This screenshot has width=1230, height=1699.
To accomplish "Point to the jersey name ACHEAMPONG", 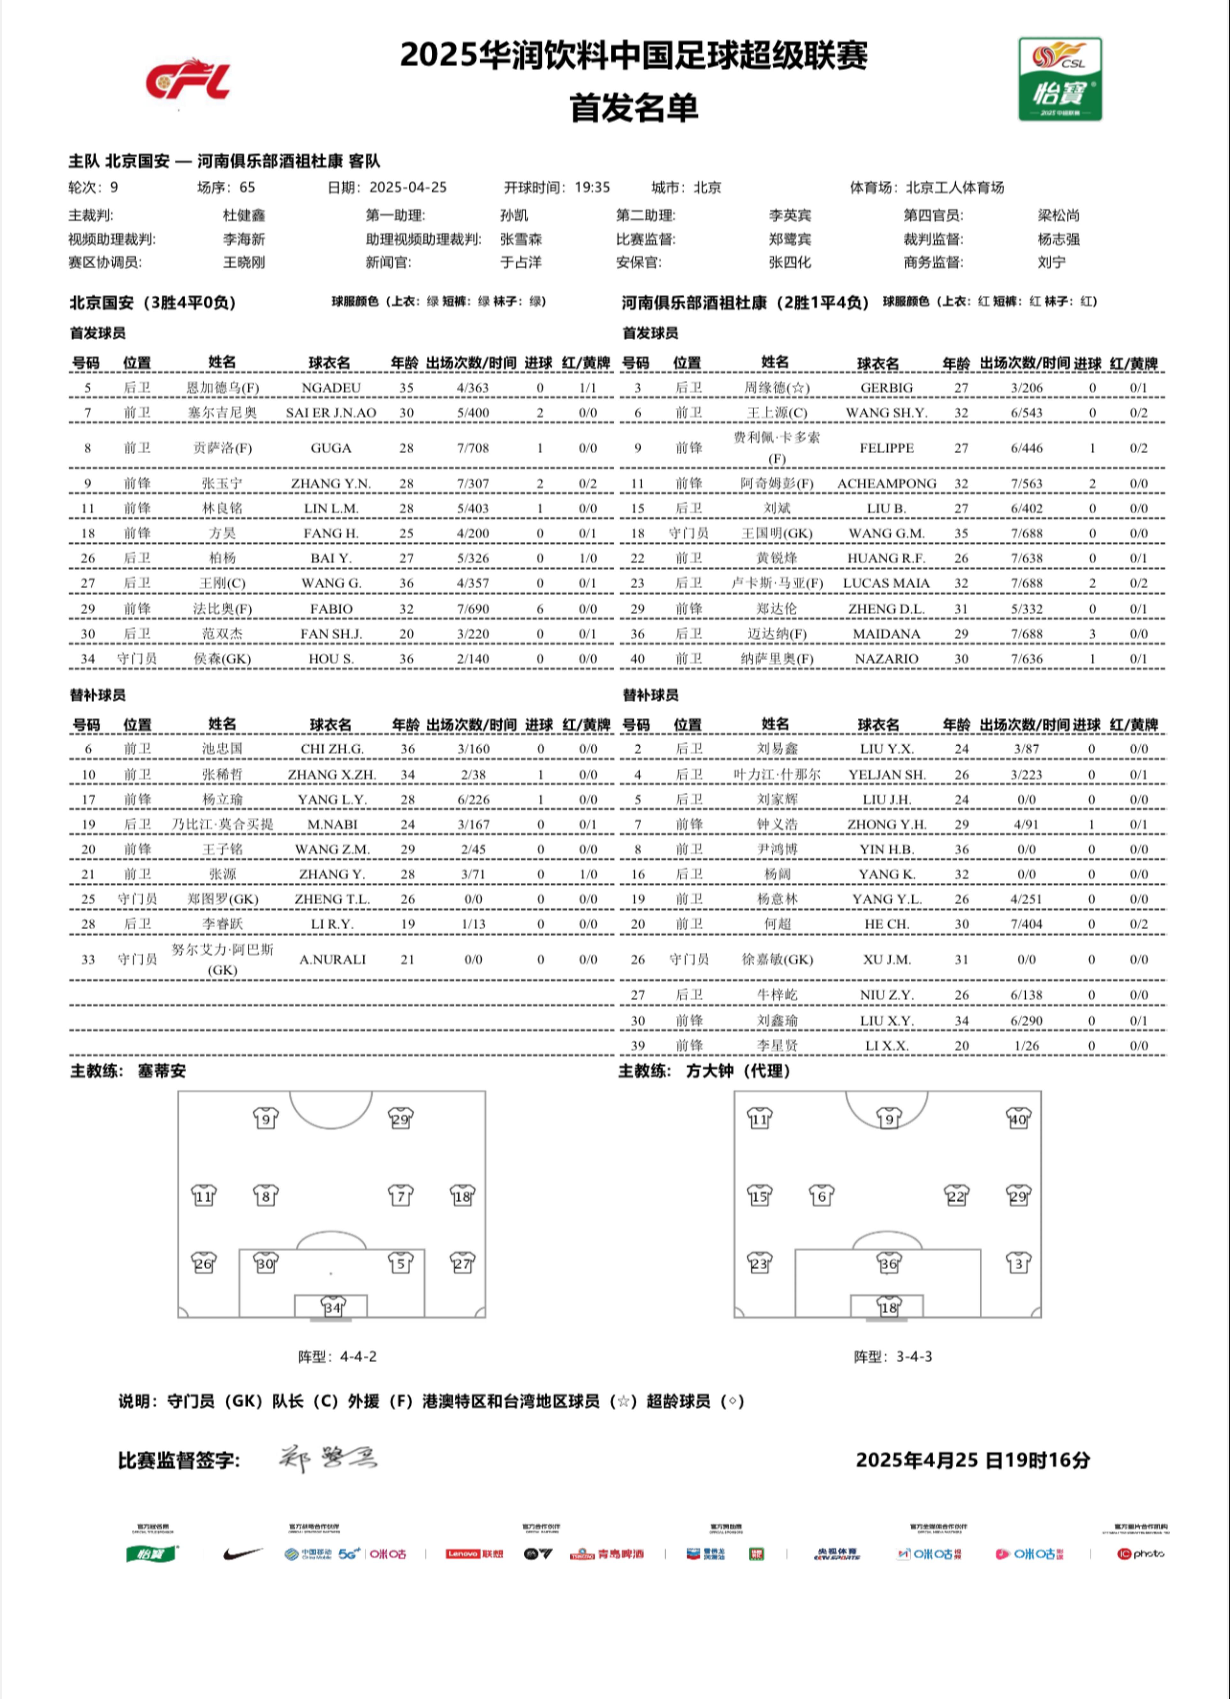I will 886,483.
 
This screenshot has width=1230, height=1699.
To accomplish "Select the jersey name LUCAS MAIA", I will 886,583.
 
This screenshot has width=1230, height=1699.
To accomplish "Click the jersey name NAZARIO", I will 886,659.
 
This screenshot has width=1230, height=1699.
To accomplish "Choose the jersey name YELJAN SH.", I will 886,774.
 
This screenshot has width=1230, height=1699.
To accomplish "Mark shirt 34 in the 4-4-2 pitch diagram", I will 332,1307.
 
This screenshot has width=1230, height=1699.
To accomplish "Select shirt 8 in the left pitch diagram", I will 265,1196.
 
